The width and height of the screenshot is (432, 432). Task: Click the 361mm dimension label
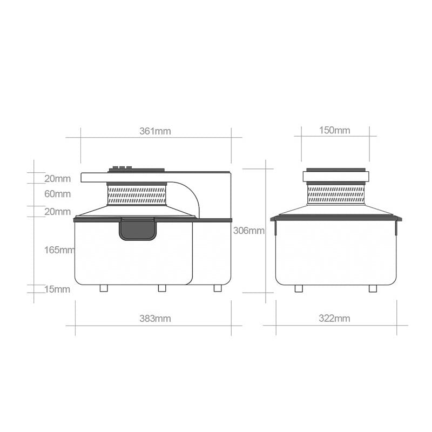point(155,131)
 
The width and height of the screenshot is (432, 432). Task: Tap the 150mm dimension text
point(334,130)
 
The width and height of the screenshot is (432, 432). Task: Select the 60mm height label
point(57,194)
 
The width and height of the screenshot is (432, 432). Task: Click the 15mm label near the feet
point(57,289)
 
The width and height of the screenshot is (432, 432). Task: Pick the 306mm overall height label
point(248,231)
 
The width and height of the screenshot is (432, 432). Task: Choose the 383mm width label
point(155,319)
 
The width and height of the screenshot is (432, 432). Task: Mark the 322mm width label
point(334,319)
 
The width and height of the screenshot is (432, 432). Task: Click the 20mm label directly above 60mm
point(57,179)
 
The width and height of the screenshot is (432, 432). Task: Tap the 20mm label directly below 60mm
point(57,212)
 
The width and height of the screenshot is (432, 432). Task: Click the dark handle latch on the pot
point(138,229)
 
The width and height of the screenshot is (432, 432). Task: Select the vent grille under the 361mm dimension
point(137,195)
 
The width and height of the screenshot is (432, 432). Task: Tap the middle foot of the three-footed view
point(162,288)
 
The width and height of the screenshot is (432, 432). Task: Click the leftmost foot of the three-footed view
point(104,288)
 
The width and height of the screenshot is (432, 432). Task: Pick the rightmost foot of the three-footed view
point(218,288)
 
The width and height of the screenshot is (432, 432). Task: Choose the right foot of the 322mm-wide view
point(373,288)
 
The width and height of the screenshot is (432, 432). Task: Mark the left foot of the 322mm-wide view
point(299,288)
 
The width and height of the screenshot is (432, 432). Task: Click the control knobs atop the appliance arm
point(122,168)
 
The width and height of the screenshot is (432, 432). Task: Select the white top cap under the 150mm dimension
point(336,176)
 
